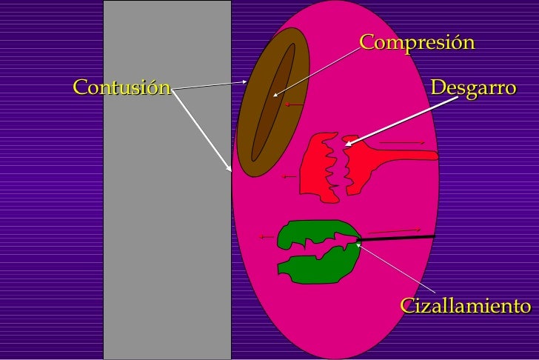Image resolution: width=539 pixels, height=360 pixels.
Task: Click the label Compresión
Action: click(x=416, y=42)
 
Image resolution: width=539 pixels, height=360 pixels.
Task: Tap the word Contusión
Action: click(x=121, y=87)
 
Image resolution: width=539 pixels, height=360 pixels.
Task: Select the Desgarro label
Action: click(x=472, y=87)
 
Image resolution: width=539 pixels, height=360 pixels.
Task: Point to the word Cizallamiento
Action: click(x=465, y=306)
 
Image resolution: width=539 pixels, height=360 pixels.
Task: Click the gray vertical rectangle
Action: click(x=167, y=222)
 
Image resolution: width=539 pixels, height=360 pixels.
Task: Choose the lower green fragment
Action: click(x=318, y=267)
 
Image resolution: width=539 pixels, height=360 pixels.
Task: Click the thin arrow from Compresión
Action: click(x=315, y=73)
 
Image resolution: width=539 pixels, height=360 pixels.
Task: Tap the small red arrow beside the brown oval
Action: click(x=292, y=105)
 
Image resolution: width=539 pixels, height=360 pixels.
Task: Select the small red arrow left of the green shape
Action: click(x=267, y=237)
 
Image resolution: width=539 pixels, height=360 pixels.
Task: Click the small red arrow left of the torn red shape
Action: click(x=289, y=177)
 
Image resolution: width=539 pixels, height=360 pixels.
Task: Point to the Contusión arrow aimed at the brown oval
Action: click(x=211, y=85)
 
